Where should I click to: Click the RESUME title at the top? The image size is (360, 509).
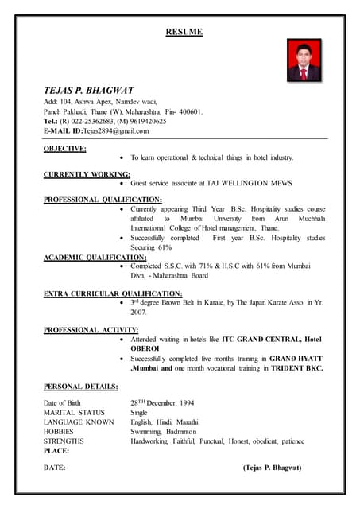pyautogui.click(x=184, y=33)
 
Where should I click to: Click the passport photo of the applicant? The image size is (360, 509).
pyautogui.click(x=304, y=60)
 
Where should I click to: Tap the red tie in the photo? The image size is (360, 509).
pyautogui.click(x=304, y=74)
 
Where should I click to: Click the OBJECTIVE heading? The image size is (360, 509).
pyautogui.click(x=65, y=148)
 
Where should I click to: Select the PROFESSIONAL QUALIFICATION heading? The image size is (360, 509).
pyautogui.click(x=103, y=199)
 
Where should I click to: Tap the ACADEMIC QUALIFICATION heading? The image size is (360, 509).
pyautogui.click(x=95, y=257)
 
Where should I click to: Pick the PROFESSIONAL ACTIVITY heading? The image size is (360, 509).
pyautogui.click(x=91, y=329)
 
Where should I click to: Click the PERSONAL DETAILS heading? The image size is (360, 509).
pyautogui.click(x=80, y=387)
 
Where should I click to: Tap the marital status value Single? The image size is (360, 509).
pyautogui.click(x=139, y=412)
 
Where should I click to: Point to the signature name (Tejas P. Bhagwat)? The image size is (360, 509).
pyautogui.click(x=272, y=468)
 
